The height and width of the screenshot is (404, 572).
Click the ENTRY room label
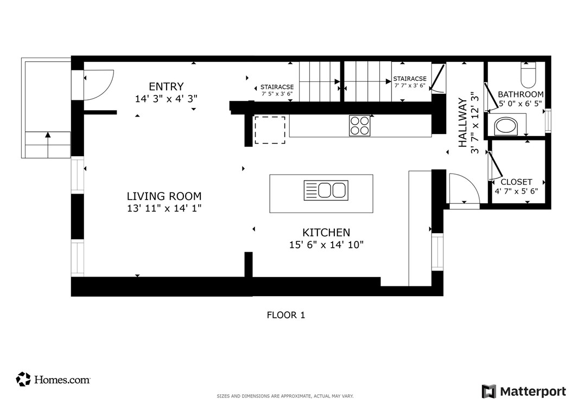pyautogui.click(x=166, y=87)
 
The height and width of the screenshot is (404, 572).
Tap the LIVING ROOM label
pyautogui.click(x=164, y=196)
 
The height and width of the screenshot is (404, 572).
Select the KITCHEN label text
pyautogui.click(x=326, y=232)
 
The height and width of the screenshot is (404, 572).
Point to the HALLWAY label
pyautogui.click(x=462, y=123)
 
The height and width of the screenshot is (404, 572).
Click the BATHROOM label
pyautogui.click(x=520, y=94)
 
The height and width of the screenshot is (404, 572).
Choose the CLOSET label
pyautogui.click(x=516, y=182)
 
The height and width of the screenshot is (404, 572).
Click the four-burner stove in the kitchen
pyautogui.click(x=359, y=126)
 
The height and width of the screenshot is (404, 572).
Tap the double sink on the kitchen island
pyautogui.click(x=326, y=190)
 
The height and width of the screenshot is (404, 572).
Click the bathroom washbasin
pyautogui.click(x=506, y=126)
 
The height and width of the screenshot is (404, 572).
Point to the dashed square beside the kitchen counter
pyautogui.click(x=270, y=130)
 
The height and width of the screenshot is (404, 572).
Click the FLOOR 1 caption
pyautogui.click(x=286, y=315)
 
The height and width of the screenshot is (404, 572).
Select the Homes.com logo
pyautogui.click(x=53, y=380)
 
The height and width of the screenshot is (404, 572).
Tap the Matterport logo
pyautogui.click(x=524, y=392)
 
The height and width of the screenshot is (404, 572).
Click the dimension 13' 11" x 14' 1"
pyautogui.click(x=164, y=208)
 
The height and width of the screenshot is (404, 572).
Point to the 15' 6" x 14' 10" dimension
pyautogui.click(x=327, y=245)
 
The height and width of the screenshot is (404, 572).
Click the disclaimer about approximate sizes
pyautogui.click(x=285, y=396)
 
